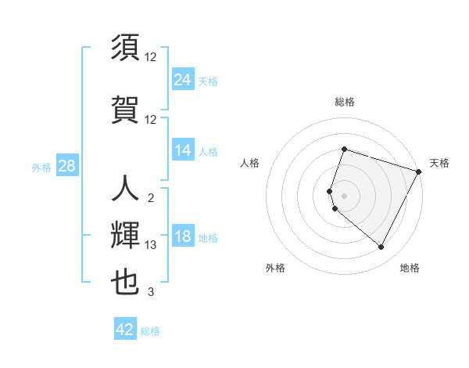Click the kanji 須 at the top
click(x=125, y=49)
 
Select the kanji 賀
click(x=125, y=109)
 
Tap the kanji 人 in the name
click(x=125, y=189)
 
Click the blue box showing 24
click(x=183, y=79)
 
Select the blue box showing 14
click(x=183, y=150)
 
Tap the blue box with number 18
click(x=183, y=237)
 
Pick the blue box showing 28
click(x=66, y=166)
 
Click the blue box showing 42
click(x=125, y=330)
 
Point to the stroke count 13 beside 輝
click(x=151, y=245)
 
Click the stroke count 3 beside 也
click(x=151, y=293)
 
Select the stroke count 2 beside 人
click(x=151, y=197)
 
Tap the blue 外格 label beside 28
click(x=41, y=167)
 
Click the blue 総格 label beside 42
click(x=150, y=331)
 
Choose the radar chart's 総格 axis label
click(x=344, y=102)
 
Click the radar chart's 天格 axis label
click(x=439, y=163)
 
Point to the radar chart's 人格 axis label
click(x=249, y=163)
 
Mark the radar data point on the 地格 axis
click(x=381, y=247)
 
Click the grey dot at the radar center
click(x=344, y=195)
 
